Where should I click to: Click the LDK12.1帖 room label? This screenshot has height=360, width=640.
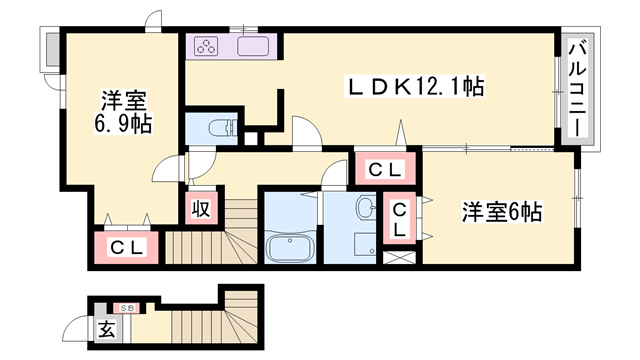tap(415, 87)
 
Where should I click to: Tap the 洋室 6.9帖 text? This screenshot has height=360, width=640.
tap(124, 111)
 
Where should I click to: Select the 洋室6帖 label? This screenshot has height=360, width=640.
tap(501, 212)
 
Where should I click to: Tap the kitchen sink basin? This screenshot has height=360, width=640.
tap(254, 46)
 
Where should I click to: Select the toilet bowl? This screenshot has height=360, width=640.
tap(221, 128)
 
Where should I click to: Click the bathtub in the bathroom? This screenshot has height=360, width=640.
tap(290, 247)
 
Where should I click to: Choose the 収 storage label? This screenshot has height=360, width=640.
tap(201, 209)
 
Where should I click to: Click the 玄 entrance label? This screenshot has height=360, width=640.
tap(106, 327)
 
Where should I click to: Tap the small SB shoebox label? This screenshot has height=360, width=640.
tap(128, 308)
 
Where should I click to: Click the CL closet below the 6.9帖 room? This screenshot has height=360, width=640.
tap(127, 247)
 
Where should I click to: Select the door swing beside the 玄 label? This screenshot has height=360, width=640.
tap(75, 326)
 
